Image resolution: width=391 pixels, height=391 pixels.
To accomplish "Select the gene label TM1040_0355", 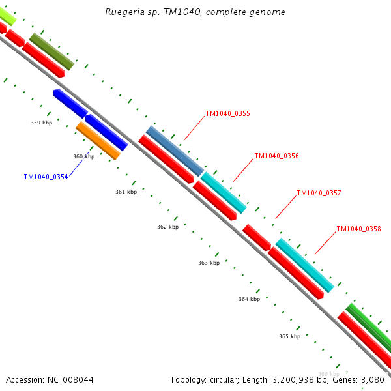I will coord(227,113).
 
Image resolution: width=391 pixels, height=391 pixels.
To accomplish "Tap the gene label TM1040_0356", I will coord(276,156).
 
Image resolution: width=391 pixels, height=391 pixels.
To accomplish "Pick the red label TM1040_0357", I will coord(319,193).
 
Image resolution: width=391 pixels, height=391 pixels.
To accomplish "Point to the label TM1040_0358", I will coord(358,229).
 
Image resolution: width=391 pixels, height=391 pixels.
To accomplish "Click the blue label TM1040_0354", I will coord(46,177).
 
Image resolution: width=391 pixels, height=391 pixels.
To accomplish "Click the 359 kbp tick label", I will coord(41,123).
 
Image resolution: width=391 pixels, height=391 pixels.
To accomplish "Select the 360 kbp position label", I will coord(83,156).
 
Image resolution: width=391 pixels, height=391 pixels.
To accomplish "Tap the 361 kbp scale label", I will coord(126,192).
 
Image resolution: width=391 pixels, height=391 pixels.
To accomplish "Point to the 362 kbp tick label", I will coord(167,227).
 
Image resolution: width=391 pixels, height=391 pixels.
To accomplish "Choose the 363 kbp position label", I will coord(209,263).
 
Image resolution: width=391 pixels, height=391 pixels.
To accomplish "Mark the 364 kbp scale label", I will coord(249,299).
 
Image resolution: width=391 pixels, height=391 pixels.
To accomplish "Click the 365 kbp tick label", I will coord(289,336).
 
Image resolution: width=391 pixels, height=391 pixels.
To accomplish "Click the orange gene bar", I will coord(98,140).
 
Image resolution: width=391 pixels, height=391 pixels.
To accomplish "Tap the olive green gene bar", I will coord(51,51).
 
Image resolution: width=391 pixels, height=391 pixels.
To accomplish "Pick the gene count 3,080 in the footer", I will coord(373,379).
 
